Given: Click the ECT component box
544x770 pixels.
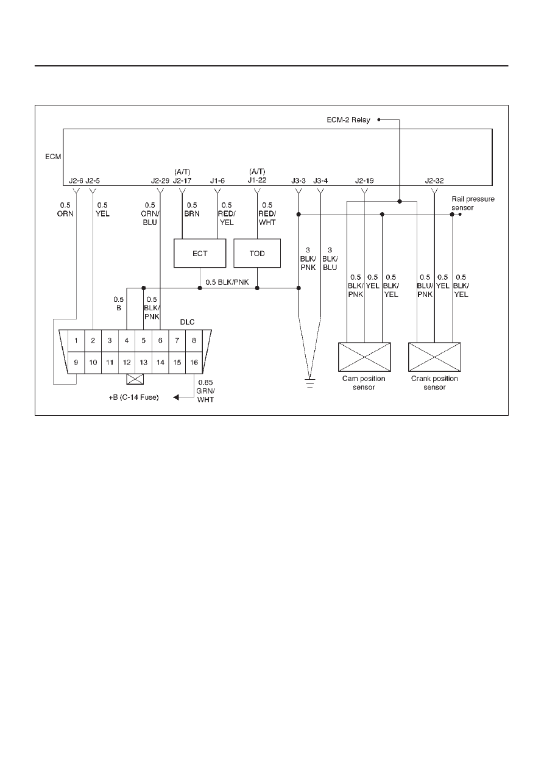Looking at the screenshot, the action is click(200, 254).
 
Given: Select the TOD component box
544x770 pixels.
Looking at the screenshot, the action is click(257, 254).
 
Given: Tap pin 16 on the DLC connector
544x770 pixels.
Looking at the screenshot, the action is click(194, 362).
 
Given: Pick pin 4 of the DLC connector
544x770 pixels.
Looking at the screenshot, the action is click(127, 341).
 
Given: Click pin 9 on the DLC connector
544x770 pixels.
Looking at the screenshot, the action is click(76, 362).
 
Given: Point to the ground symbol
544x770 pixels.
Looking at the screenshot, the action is click(310, 383).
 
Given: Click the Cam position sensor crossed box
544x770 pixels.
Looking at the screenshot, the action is click(364, 357).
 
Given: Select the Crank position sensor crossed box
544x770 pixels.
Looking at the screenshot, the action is click(434, 357).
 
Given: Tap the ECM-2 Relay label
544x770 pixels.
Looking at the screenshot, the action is click(348, 120).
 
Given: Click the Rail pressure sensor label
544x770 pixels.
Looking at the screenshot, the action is click(473, 203).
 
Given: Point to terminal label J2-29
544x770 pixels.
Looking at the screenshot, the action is click(160, 180).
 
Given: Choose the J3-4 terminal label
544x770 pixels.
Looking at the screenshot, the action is click(320, 180).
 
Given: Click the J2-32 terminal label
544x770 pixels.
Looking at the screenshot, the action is click(434, 180).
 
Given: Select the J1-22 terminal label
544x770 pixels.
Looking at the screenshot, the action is click(257, 180).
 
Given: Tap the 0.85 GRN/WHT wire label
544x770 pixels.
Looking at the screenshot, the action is click(206, 391).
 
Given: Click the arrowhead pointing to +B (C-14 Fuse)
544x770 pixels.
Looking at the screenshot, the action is click(176, 397).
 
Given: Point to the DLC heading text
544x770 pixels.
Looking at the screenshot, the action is click(187, 322).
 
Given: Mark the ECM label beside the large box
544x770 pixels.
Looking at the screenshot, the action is click(53, 157).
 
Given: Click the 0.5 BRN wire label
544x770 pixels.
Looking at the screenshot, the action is click(192, 209).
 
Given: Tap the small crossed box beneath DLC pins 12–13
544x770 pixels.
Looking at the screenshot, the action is click(135, 379).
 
